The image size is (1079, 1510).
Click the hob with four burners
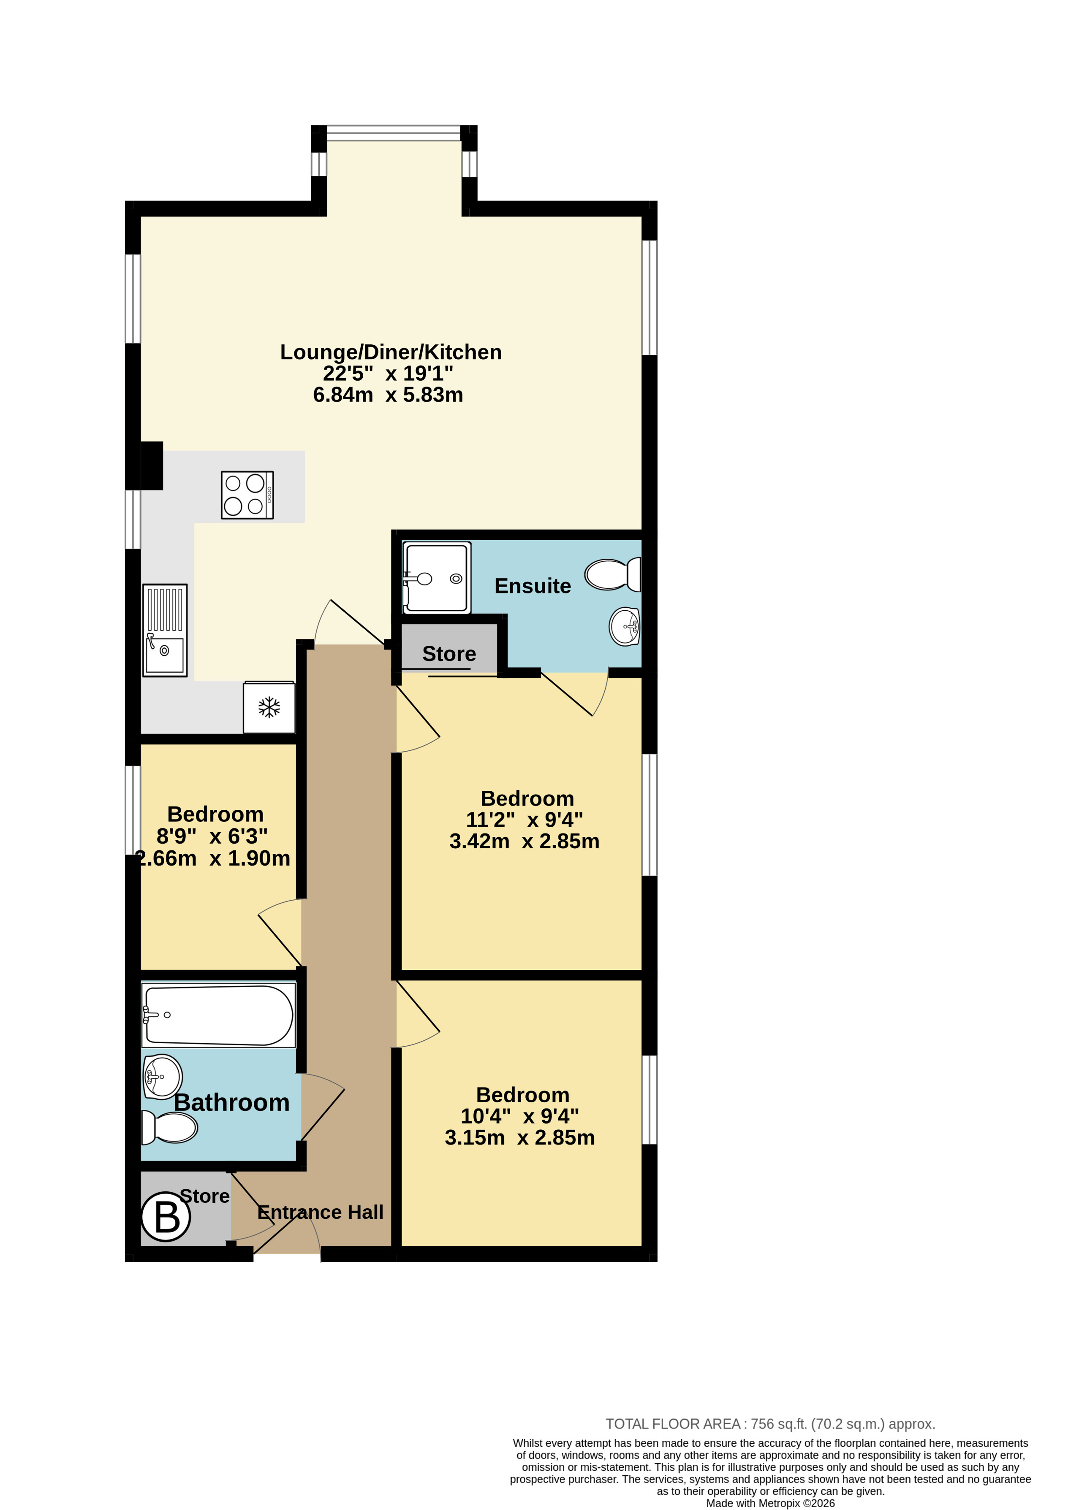(247, 495)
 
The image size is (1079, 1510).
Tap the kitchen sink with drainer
(165, 630)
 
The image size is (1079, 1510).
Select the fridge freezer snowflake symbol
(269, 707)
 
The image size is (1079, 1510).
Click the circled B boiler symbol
(166, 1217)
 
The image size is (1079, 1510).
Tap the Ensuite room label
(533, 586)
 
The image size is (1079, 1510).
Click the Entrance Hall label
(320, 1212)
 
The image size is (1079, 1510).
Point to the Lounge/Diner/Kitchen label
(391, 352)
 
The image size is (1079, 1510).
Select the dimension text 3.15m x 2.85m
(519, 1137)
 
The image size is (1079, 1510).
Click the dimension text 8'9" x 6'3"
(212, 836)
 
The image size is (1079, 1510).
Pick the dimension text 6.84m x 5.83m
(388, 395)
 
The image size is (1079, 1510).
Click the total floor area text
(770, 1423)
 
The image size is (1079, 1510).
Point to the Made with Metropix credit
(770, 1503)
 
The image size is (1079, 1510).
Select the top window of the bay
(394, 133)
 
